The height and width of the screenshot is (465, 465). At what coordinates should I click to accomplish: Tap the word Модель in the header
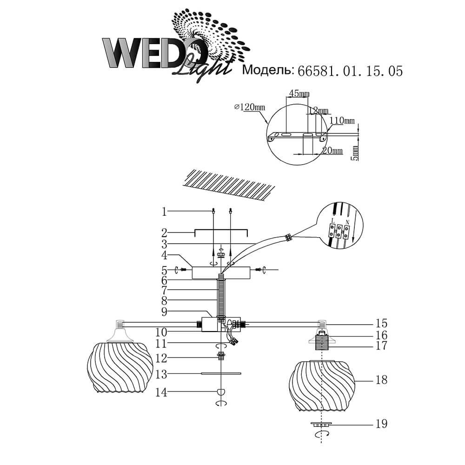[x=267, y=70]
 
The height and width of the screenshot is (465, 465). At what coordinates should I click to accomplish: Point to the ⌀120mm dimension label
[x=251, y=107]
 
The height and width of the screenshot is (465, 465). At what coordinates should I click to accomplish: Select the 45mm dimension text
[x=299, y=94]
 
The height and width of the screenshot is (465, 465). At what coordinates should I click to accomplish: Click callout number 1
[x=164, y=212]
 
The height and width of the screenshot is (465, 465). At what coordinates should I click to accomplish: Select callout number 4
[x=164, y=255]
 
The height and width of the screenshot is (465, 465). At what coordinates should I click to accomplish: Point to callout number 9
[x=164, y=312]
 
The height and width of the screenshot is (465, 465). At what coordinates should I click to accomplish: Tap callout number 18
[x=381, y=380]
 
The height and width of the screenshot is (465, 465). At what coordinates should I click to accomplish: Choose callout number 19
[x=381, y=424]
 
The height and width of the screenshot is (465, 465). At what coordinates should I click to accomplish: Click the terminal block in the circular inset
[x=339, y=230]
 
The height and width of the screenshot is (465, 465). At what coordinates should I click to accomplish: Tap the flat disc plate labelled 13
[x=221, y=373]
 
